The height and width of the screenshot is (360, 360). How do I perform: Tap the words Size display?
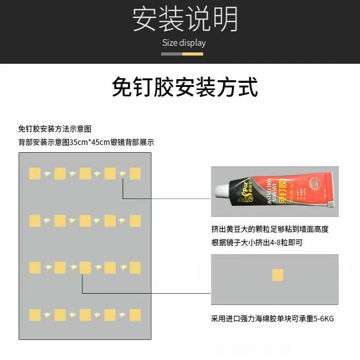(x=184, y=43)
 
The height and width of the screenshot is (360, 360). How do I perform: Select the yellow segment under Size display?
(x=193, y=53)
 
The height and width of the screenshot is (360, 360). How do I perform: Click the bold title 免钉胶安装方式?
(x=185, y=87)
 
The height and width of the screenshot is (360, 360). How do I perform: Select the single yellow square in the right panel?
(x=278, y=275)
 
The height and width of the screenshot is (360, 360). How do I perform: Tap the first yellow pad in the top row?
(x=35, y=173)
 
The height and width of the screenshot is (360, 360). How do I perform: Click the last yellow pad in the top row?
(x=135, y=173)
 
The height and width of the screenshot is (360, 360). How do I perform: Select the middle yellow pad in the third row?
(x=85, y=267)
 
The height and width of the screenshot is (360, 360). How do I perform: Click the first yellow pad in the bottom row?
(x=35, y=315)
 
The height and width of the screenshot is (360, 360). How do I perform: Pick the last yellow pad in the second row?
(x=135, y=221)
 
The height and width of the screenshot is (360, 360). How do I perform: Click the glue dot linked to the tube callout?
(x=122, y=174)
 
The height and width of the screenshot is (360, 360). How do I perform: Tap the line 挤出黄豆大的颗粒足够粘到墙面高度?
(x=269, y=229)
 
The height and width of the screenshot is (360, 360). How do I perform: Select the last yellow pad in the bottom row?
(x=135, y=315)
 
